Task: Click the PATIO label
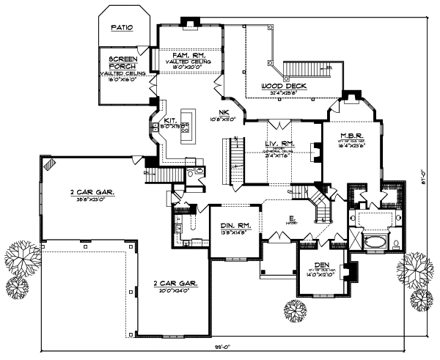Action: coord(122,29)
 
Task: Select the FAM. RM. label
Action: coord(187,55)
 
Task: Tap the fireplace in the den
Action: coord(351,273)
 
